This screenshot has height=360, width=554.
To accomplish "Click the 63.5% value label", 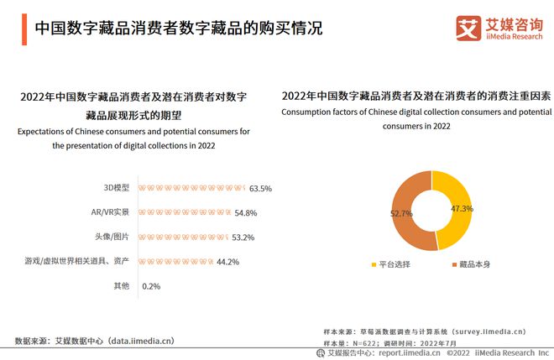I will (x=261, y=189).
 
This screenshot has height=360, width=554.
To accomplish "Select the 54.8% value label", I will (x=246, y=213).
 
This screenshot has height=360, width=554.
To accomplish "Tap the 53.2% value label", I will (x=243, y=237).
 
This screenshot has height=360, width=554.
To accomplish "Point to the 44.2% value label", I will (x=228, y=262).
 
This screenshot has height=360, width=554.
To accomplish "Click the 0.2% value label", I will (x=152, y=286).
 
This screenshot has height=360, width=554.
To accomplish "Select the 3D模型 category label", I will (x=117, y=189).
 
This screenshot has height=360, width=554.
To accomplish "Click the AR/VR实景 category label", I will (x=111, y=213).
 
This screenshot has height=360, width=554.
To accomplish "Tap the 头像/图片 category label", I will (x=112, y=237).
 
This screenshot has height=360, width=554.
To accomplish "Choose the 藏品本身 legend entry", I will (x=469, y=265).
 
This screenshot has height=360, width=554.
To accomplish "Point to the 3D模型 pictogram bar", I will (x=192, y=189).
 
